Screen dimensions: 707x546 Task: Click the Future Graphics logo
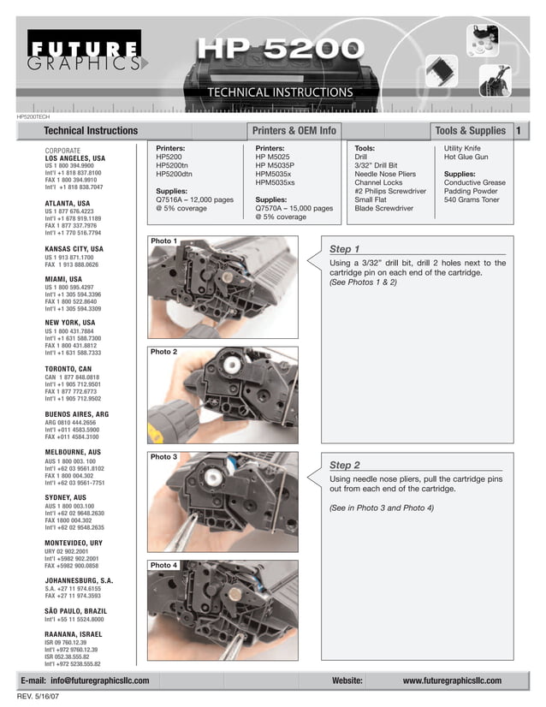pos(84,52)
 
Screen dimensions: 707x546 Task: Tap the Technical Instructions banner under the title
pos(280,92)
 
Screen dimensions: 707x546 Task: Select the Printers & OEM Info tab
pos(294,131)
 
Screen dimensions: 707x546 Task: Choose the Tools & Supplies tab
pos(470,131)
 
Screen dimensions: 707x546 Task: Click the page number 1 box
pos(519,131)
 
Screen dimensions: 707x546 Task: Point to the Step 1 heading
pos(344,249)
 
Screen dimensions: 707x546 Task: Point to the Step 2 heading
pos(344,465)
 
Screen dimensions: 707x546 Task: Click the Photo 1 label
pos(163,241)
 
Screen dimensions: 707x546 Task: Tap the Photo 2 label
pos(163,352)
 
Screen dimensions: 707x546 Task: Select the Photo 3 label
pos(163,457)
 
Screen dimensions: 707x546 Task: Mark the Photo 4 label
pos(163,566)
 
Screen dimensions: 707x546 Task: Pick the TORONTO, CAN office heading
pos(68,369)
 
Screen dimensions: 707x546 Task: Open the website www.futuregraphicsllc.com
pos(452,680)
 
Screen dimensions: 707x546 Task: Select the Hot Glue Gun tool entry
pos(466,157)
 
